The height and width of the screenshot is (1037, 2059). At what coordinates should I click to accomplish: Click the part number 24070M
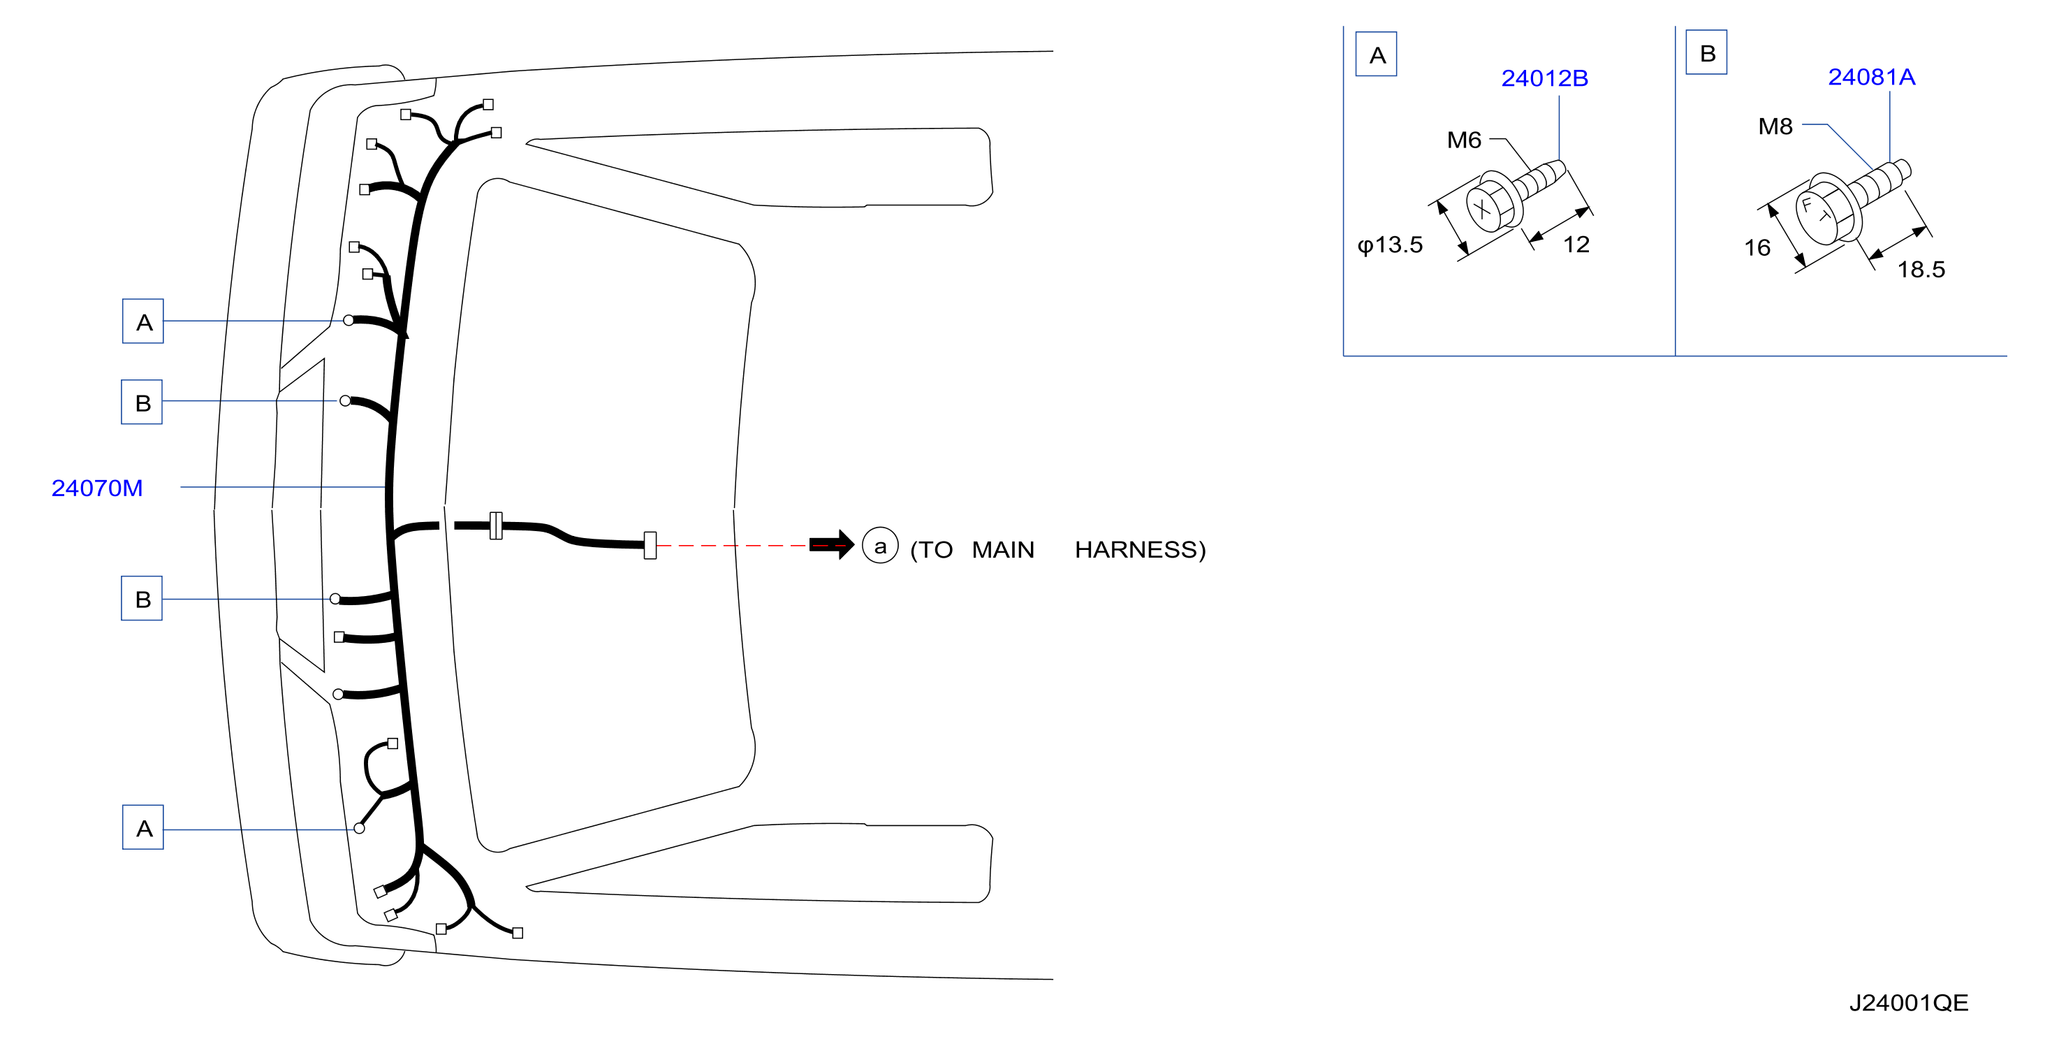96,488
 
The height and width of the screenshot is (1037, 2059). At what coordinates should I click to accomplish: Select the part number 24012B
1544,78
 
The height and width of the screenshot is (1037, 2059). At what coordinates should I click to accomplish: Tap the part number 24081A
1871,77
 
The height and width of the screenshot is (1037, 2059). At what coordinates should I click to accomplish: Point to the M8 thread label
1775,126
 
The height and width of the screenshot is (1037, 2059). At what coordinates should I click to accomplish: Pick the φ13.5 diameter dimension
1390,245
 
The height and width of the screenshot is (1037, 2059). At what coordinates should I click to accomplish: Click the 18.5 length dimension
1921,270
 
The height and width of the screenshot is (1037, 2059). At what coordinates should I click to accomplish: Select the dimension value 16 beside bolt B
1757,248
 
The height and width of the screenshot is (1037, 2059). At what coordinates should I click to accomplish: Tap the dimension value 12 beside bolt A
1576,245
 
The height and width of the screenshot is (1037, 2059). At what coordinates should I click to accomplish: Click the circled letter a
880,546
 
